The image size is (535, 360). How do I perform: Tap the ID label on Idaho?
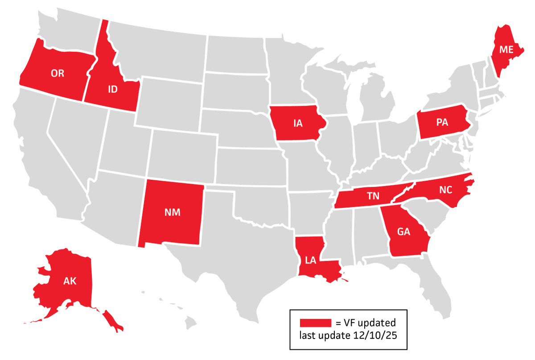coord(113,90)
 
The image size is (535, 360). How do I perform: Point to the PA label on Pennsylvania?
coord(442,123)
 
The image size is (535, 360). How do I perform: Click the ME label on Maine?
coord(506,50)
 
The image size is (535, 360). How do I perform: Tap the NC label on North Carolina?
coord(445,190)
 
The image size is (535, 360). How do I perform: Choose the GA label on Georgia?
coord(404,232)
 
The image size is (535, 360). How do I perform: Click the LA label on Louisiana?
coord(311,260)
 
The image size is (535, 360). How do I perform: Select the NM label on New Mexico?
coord(173,212)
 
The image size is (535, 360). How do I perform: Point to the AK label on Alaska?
coord(70,281)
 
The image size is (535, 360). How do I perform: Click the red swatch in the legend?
coord(315,323)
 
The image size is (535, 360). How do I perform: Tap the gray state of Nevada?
coord(71,134)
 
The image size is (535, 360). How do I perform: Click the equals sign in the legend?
coord(337,323)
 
